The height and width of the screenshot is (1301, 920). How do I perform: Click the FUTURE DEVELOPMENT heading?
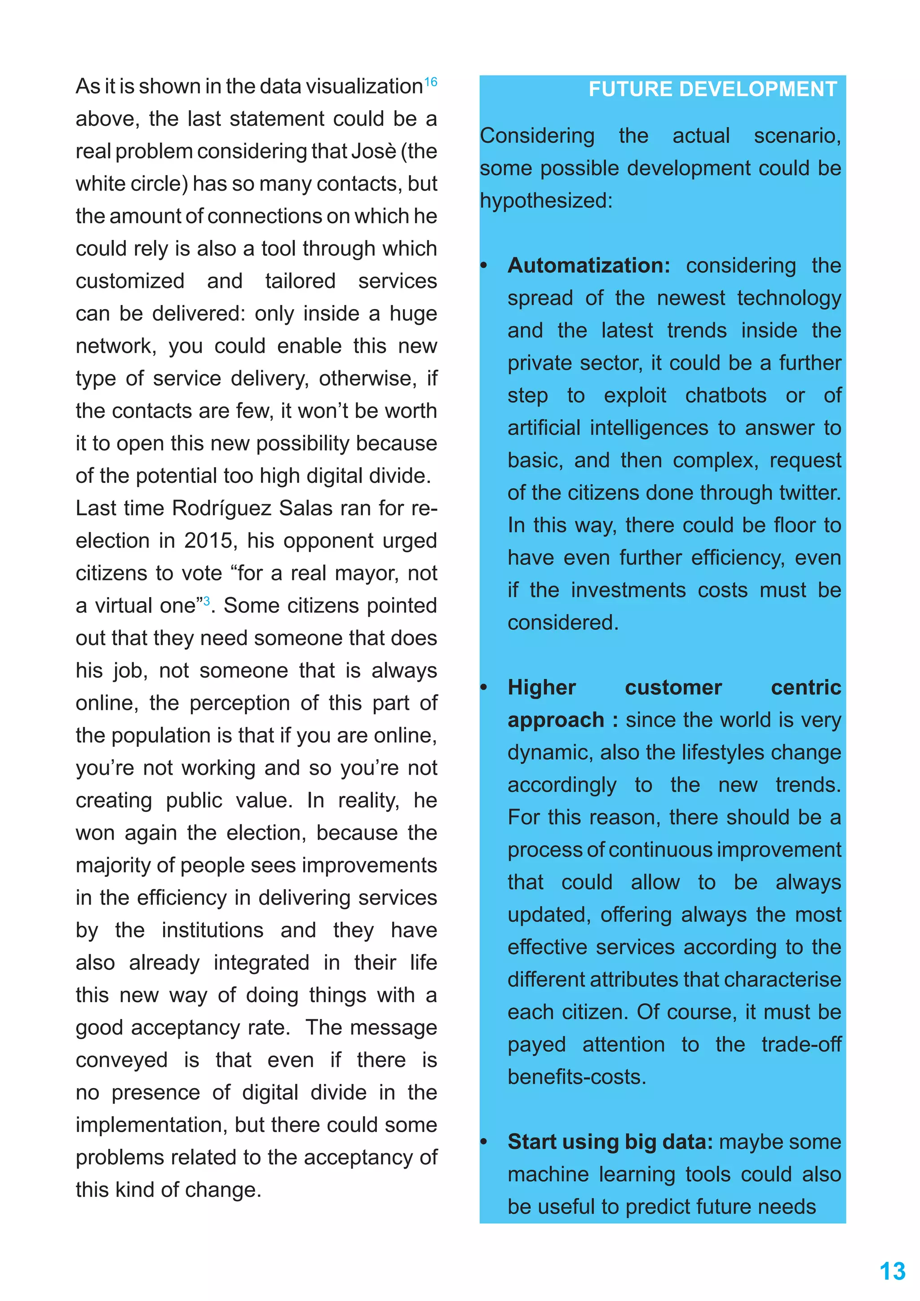pos(712,89)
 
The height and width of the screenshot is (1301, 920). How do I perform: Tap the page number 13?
pos(892,1271)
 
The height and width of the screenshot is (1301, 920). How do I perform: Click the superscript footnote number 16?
pos(430,82)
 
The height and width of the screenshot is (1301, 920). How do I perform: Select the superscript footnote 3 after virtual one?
pos(207,601)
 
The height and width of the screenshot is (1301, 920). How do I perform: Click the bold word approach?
pos(556,720)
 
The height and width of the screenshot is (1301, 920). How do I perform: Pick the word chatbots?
pos(725,395)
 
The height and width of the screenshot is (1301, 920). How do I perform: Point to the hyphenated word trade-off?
pos(801,1044)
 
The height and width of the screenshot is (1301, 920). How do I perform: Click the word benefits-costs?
pos(576,1077)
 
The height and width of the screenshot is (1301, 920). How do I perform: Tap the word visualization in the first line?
pos(364,87)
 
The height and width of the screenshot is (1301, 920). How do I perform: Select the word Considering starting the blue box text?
pos(537,136)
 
